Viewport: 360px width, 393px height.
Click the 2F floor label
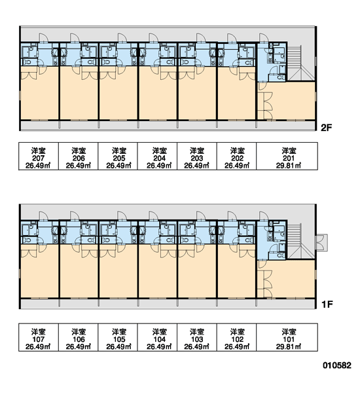[x=327, y=128]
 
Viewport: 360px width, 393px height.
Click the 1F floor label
[x=327, y=305]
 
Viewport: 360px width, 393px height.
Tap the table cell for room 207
[x=39, y=156]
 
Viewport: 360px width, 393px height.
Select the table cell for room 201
[x=287, y=156]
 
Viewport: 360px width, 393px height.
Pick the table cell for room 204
[x=157, y=156]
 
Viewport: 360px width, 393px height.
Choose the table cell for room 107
[x=39, y=337]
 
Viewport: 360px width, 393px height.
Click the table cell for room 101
[x=287, y=337]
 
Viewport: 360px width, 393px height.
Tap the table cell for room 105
[x=118, y=337]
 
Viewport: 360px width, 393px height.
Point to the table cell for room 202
[x=236, y=156]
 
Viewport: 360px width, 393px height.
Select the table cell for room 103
[x=197, y=337]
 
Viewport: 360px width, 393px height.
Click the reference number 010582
[x=337, y=365]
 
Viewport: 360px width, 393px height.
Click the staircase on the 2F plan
[x=301, y=63]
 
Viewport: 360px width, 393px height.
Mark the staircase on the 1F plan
[x=301, y=241]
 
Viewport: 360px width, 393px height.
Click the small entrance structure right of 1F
[x=321, y=242]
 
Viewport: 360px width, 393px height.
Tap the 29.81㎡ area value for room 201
[x=289, y=166]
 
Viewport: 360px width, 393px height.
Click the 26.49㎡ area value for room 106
[x=78, y=346]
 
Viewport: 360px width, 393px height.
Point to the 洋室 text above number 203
[x=197, y=151]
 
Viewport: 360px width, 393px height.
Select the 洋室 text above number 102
[x=237, y=332]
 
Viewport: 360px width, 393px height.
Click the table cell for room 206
[x=78, y=156]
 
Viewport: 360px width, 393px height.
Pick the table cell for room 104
[x=157, y=337]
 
